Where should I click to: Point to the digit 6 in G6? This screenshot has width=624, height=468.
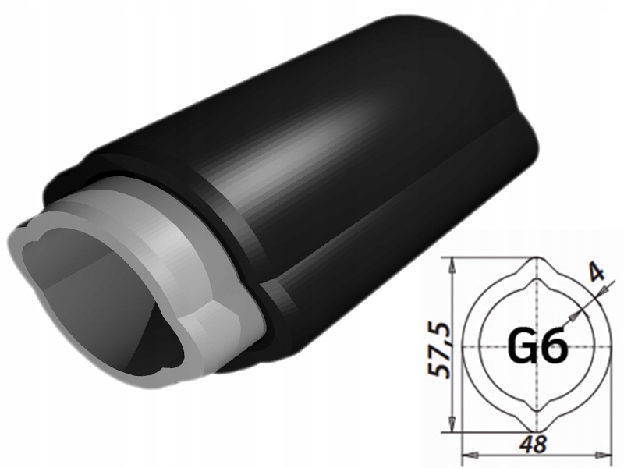[552, 347]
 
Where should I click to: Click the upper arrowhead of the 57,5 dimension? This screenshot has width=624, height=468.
[452, 263]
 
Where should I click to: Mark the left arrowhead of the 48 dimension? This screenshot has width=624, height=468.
[468, 455]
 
